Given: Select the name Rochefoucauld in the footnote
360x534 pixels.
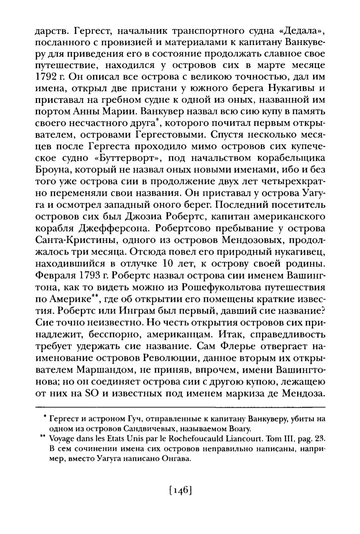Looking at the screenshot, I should (204, 439).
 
